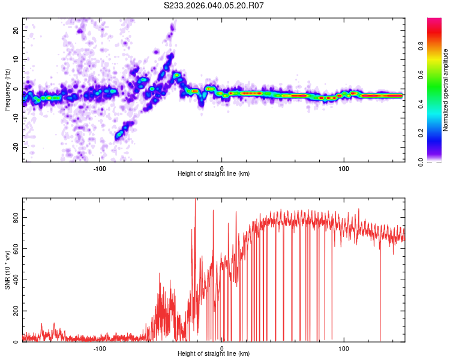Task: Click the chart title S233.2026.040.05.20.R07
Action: tap(214, 6)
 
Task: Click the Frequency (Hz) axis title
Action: tap(7, 90)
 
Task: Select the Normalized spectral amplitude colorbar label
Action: tap(446, 90)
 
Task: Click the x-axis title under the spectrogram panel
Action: tap(214, 173)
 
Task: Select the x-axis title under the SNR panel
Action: tap(214, 353)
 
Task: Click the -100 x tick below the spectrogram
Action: tap(100, 167)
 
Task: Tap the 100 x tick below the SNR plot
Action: tap(344, 347)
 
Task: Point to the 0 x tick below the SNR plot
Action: tap(222, 347)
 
